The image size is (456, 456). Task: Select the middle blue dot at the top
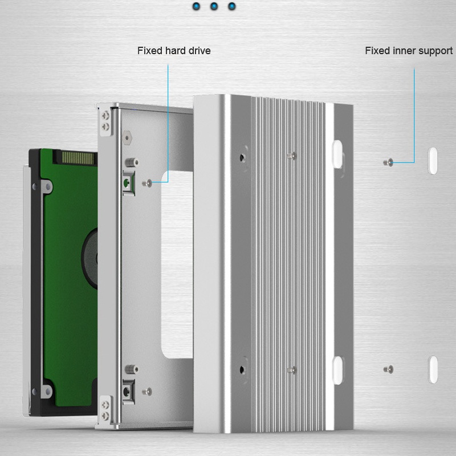tap(214, 6)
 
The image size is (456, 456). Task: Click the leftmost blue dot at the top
tap(196, 6)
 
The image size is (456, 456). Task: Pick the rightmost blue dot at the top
tap(232, 6)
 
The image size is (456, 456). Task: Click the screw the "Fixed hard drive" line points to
tap(147, 183)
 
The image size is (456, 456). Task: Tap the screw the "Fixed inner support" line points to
tap(388, 162)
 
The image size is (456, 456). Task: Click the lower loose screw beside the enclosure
tap(388, 369)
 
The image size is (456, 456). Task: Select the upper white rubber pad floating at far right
tap(433, 161)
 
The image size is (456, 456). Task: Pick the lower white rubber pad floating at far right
tap(433, 369)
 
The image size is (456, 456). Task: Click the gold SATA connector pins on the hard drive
tap(78, 158)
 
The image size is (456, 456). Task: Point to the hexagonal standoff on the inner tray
tap(127, 137)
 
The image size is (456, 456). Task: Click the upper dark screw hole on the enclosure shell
tap(242, 158)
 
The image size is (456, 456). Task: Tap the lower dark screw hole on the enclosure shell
tap(242, 370)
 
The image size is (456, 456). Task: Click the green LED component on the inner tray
tap(127, 183)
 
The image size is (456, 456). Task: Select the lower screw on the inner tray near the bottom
tap(147, 392)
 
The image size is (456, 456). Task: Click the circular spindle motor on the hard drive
tap(90, 258)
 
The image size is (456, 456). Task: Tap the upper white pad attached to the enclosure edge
tap(337, 154)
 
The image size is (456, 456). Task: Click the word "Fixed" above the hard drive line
tap(150, 51)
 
